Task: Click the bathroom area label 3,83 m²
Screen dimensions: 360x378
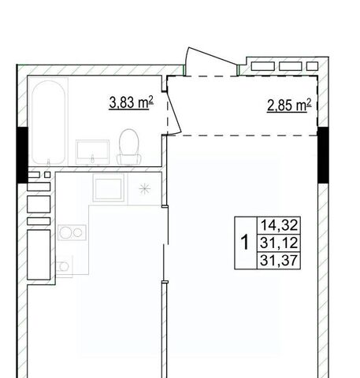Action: click(131, 102)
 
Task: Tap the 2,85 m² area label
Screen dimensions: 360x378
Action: click(289, 105)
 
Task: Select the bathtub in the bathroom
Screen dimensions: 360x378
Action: click(49, 122)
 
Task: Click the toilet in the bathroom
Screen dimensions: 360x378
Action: click(129, 146)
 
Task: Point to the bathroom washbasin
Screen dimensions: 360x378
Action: click(92, 152)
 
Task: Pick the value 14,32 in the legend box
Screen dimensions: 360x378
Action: click(279, 225)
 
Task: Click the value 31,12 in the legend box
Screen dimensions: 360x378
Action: click(279, 243)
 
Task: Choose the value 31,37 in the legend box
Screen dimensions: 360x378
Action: click(279, 260)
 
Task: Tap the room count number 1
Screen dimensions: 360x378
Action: click(245, 243)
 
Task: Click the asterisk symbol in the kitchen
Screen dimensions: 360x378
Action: click(145, 189)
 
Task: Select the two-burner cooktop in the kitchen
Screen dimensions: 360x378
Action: click(72, 232)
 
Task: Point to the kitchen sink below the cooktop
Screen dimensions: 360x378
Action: click(64, 266)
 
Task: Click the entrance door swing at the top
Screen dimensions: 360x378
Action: click(211, 56)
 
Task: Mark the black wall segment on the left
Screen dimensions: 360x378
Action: click(22, 155)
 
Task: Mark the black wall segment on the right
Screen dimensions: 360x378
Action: click(323, 155)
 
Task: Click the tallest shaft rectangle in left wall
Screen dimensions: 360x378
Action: click(39, 255)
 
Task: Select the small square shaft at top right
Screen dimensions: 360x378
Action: click(312, 66)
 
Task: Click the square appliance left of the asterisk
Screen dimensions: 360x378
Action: click(108, 187)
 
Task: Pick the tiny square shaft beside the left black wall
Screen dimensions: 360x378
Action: click(47, 175)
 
